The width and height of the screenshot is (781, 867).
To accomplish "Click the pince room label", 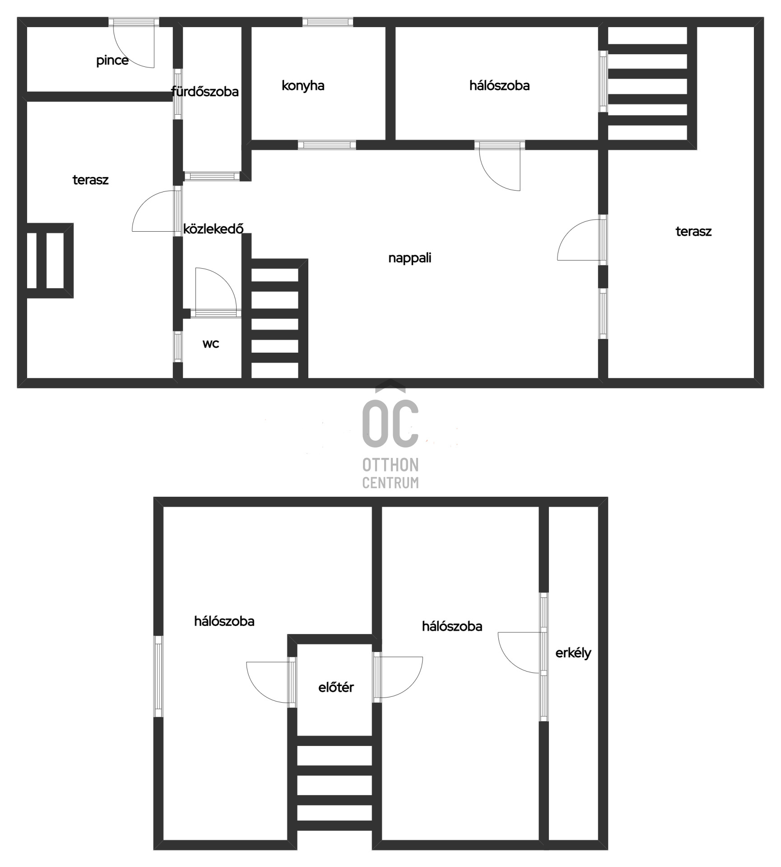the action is (112, 61).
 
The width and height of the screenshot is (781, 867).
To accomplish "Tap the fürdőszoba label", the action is (205, 92).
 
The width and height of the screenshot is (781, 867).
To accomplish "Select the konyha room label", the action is (303, 86).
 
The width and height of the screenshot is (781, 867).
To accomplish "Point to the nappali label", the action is (410, 258).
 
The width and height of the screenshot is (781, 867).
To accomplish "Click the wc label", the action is (211, 344).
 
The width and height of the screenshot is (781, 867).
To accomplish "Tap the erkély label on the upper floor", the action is (573, 653).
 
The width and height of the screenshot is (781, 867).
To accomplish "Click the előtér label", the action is (336, 687).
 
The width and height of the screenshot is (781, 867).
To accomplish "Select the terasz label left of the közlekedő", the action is (91, 180).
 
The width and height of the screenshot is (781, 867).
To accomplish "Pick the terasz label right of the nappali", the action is (693, 232).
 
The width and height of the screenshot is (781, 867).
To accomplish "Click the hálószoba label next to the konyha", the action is (499, 85).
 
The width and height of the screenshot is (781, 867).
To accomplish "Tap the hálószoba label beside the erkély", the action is (452, 626).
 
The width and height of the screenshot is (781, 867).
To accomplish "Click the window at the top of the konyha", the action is (328, 22).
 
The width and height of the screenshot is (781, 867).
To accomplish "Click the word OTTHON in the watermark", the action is (390, 465).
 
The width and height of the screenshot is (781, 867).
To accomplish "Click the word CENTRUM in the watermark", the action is (390, 483).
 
